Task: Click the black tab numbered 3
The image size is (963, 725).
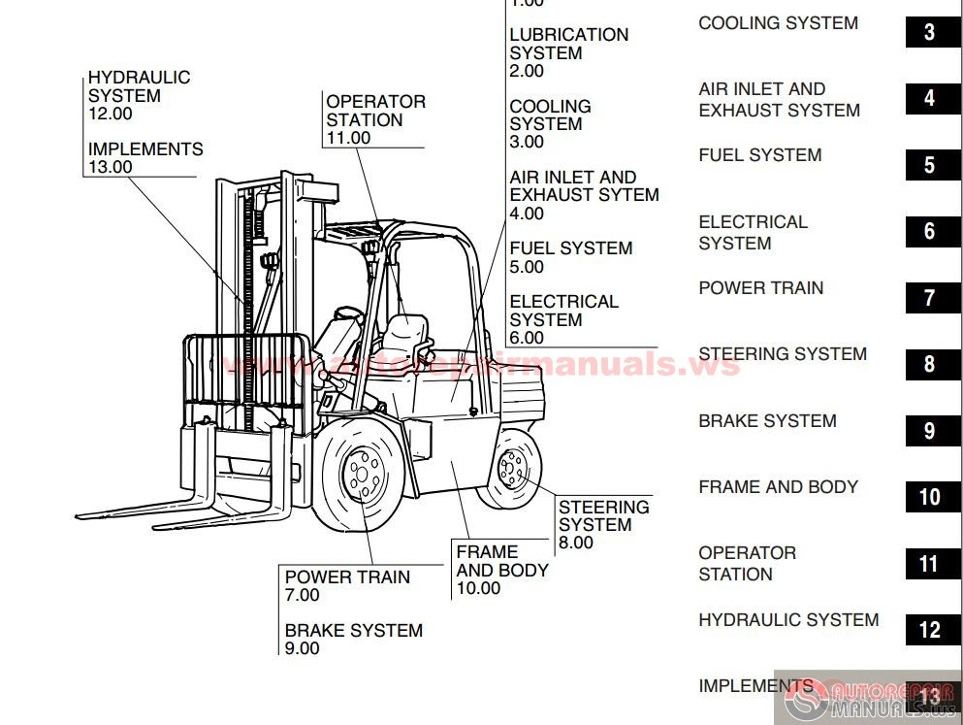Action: [929, 32]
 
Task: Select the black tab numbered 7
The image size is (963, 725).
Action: [929, 298]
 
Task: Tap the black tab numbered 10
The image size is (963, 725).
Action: [929, 497]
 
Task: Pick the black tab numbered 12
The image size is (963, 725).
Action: [929, 630]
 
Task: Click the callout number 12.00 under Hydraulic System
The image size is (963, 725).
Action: [111, 114]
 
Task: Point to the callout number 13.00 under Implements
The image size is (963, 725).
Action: [111, 167]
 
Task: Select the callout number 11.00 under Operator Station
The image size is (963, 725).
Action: [348, 138]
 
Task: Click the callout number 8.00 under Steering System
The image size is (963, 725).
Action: [576, 543]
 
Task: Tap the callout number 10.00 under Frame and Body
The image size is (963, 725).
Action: [478, 588]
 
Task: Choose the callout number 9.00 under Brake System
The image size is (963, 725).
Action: [302, 648]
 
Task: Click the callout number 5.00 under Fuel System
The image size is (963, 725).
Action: [527, 267]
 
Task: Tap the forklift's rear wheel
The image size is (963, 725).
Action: [511, 469]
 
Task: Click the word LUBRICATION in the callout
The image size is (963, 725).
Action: [569, 35]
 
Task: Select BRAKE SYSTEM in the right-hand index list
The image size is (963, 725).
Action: [767, 421]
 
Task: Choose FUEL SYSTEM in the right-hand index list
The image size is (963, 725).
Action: [759, 155]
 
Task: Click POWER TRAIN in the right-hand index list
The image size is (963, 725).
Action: [760, 288]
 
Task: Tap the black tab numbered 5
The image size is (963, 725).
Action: [929, 165]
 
